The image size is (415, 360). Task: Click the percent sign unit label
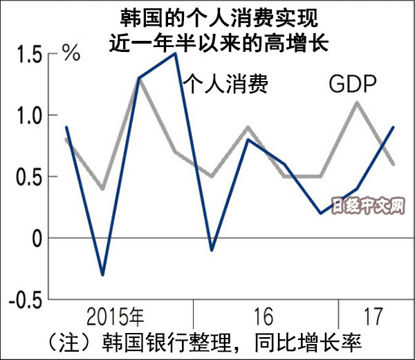72,53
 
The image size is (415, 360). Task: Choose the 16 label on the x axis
266,317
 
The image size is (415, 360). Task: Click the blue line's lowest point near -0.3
103,275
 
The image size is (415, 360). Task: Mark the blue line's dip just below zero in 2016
212,250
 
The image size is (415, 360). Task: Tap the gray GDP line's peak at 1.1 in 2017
357,102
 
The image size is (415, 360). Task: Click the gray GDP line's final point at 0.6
394,164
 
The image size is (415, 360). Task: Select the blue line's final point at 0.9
394,127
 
